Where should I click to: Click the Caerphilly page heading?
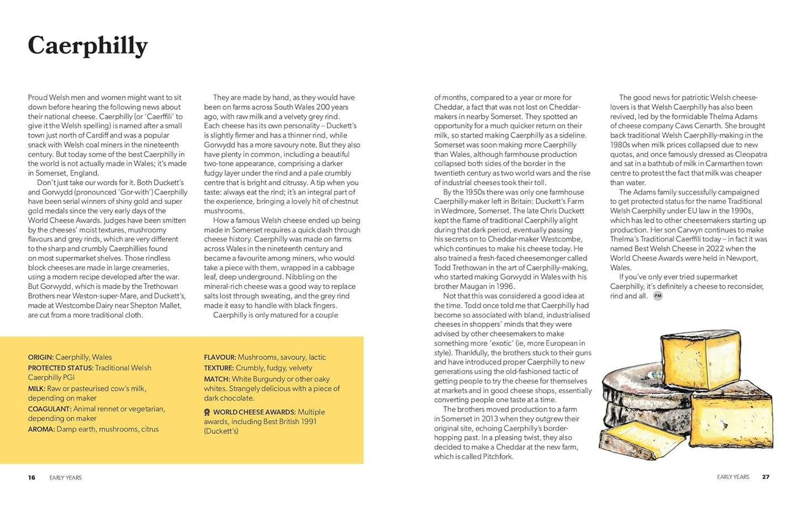tap(88, 46)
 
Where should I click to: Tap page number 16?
tap(31, 477)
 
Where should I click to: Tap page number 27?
tap(765, 477)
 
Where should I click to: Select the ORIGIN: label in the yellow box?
tap(41, 357)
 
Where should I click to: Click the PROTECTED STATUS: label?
tap(61, 368)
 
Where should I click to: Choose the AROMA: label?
tap(41, 429)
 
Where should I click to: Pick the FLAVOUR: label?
tap(220, 357)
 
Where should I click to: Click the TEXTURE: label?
tap(219, 368)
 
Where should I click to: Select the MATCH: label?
tap(216, 379)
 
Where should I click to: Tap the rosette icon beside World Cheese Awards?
tap(207, 412)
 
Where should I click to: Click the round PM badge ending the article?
tap(657, 296)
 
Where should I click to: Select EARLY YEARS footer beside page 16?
tap(65, 478)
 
